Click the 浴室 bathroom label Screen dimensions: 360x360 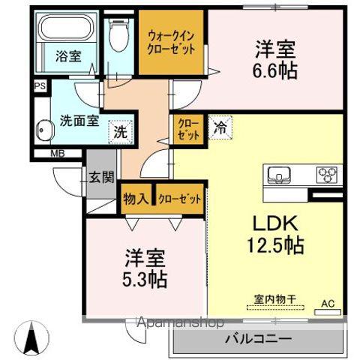point(68,55)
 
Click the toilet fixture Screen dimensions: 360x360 point(117,34)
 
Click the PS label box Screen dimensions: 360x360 point(38,86)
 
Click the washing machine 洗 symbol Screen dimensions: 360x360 point(120,131)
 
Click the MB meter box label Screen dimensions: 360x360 point(56,154)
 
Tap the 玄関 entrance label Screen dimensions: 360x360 point(102,178)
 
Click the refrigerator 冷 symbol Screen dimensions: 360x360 point(220,128)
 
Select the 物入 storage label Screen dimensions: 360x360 point(134,199)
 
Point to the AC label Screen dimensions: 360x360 point(327,303)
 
